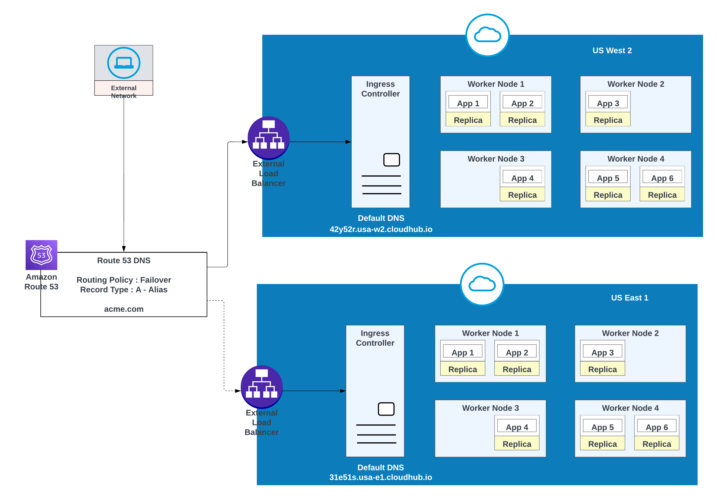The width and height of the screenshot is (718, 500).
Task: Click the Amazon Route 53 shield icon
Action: point(41,255)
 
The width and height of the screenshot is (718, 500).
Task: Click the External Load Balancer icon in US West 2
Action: point(268,137)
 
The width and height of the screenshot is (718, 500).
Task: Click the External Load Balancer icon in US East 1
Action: point(261,387)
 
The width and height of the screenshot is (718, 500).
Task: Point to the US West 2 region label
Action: point(612,51)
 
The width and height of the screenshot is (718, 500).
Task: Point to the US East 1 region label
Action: point(629,298)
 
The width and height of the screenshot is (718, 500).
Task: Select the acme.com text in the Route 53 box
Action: point(124,309)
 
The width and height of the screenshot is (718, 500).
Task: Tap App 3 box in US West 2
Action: point(608,103)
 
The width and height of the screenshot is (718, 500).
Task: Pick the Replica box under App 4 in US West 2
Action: point(522,195)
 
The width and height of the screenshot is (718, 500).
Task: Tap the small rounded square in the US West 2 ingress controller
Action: point(391,160)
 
